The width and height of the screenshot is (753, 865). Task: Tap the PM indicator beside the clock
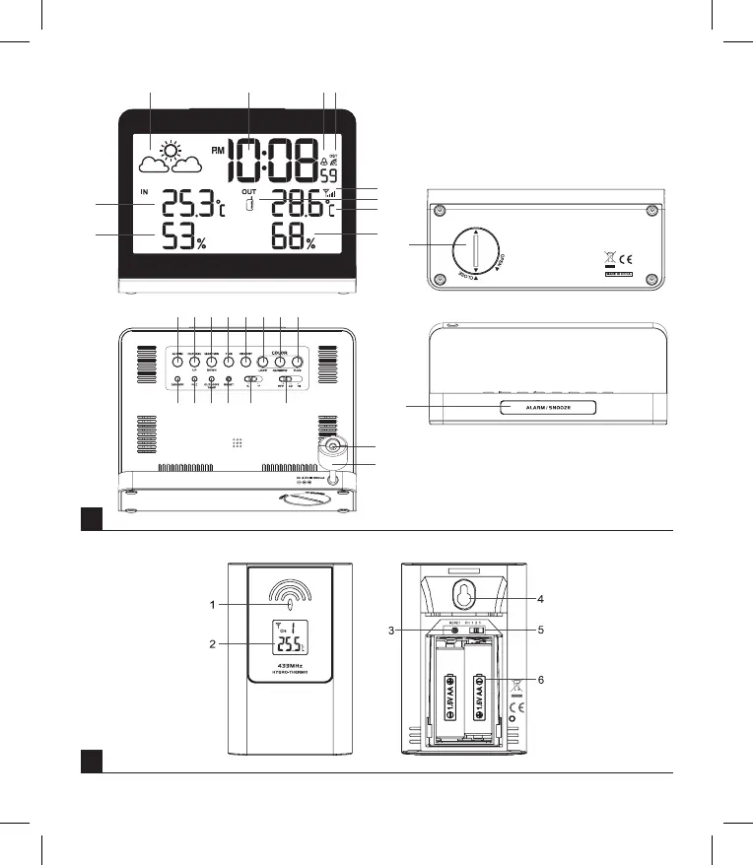click(217, 151)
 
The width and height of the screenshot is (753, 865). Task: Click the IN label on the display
click(145, 191)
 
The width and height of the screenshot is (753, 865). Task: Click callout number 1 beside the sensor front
click(213, 605)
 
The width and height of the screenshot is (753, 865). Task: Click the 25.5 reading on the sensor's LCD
click(292, 645)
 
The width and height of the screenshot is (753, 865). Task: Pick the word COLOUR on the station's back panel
click(280, 351)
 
